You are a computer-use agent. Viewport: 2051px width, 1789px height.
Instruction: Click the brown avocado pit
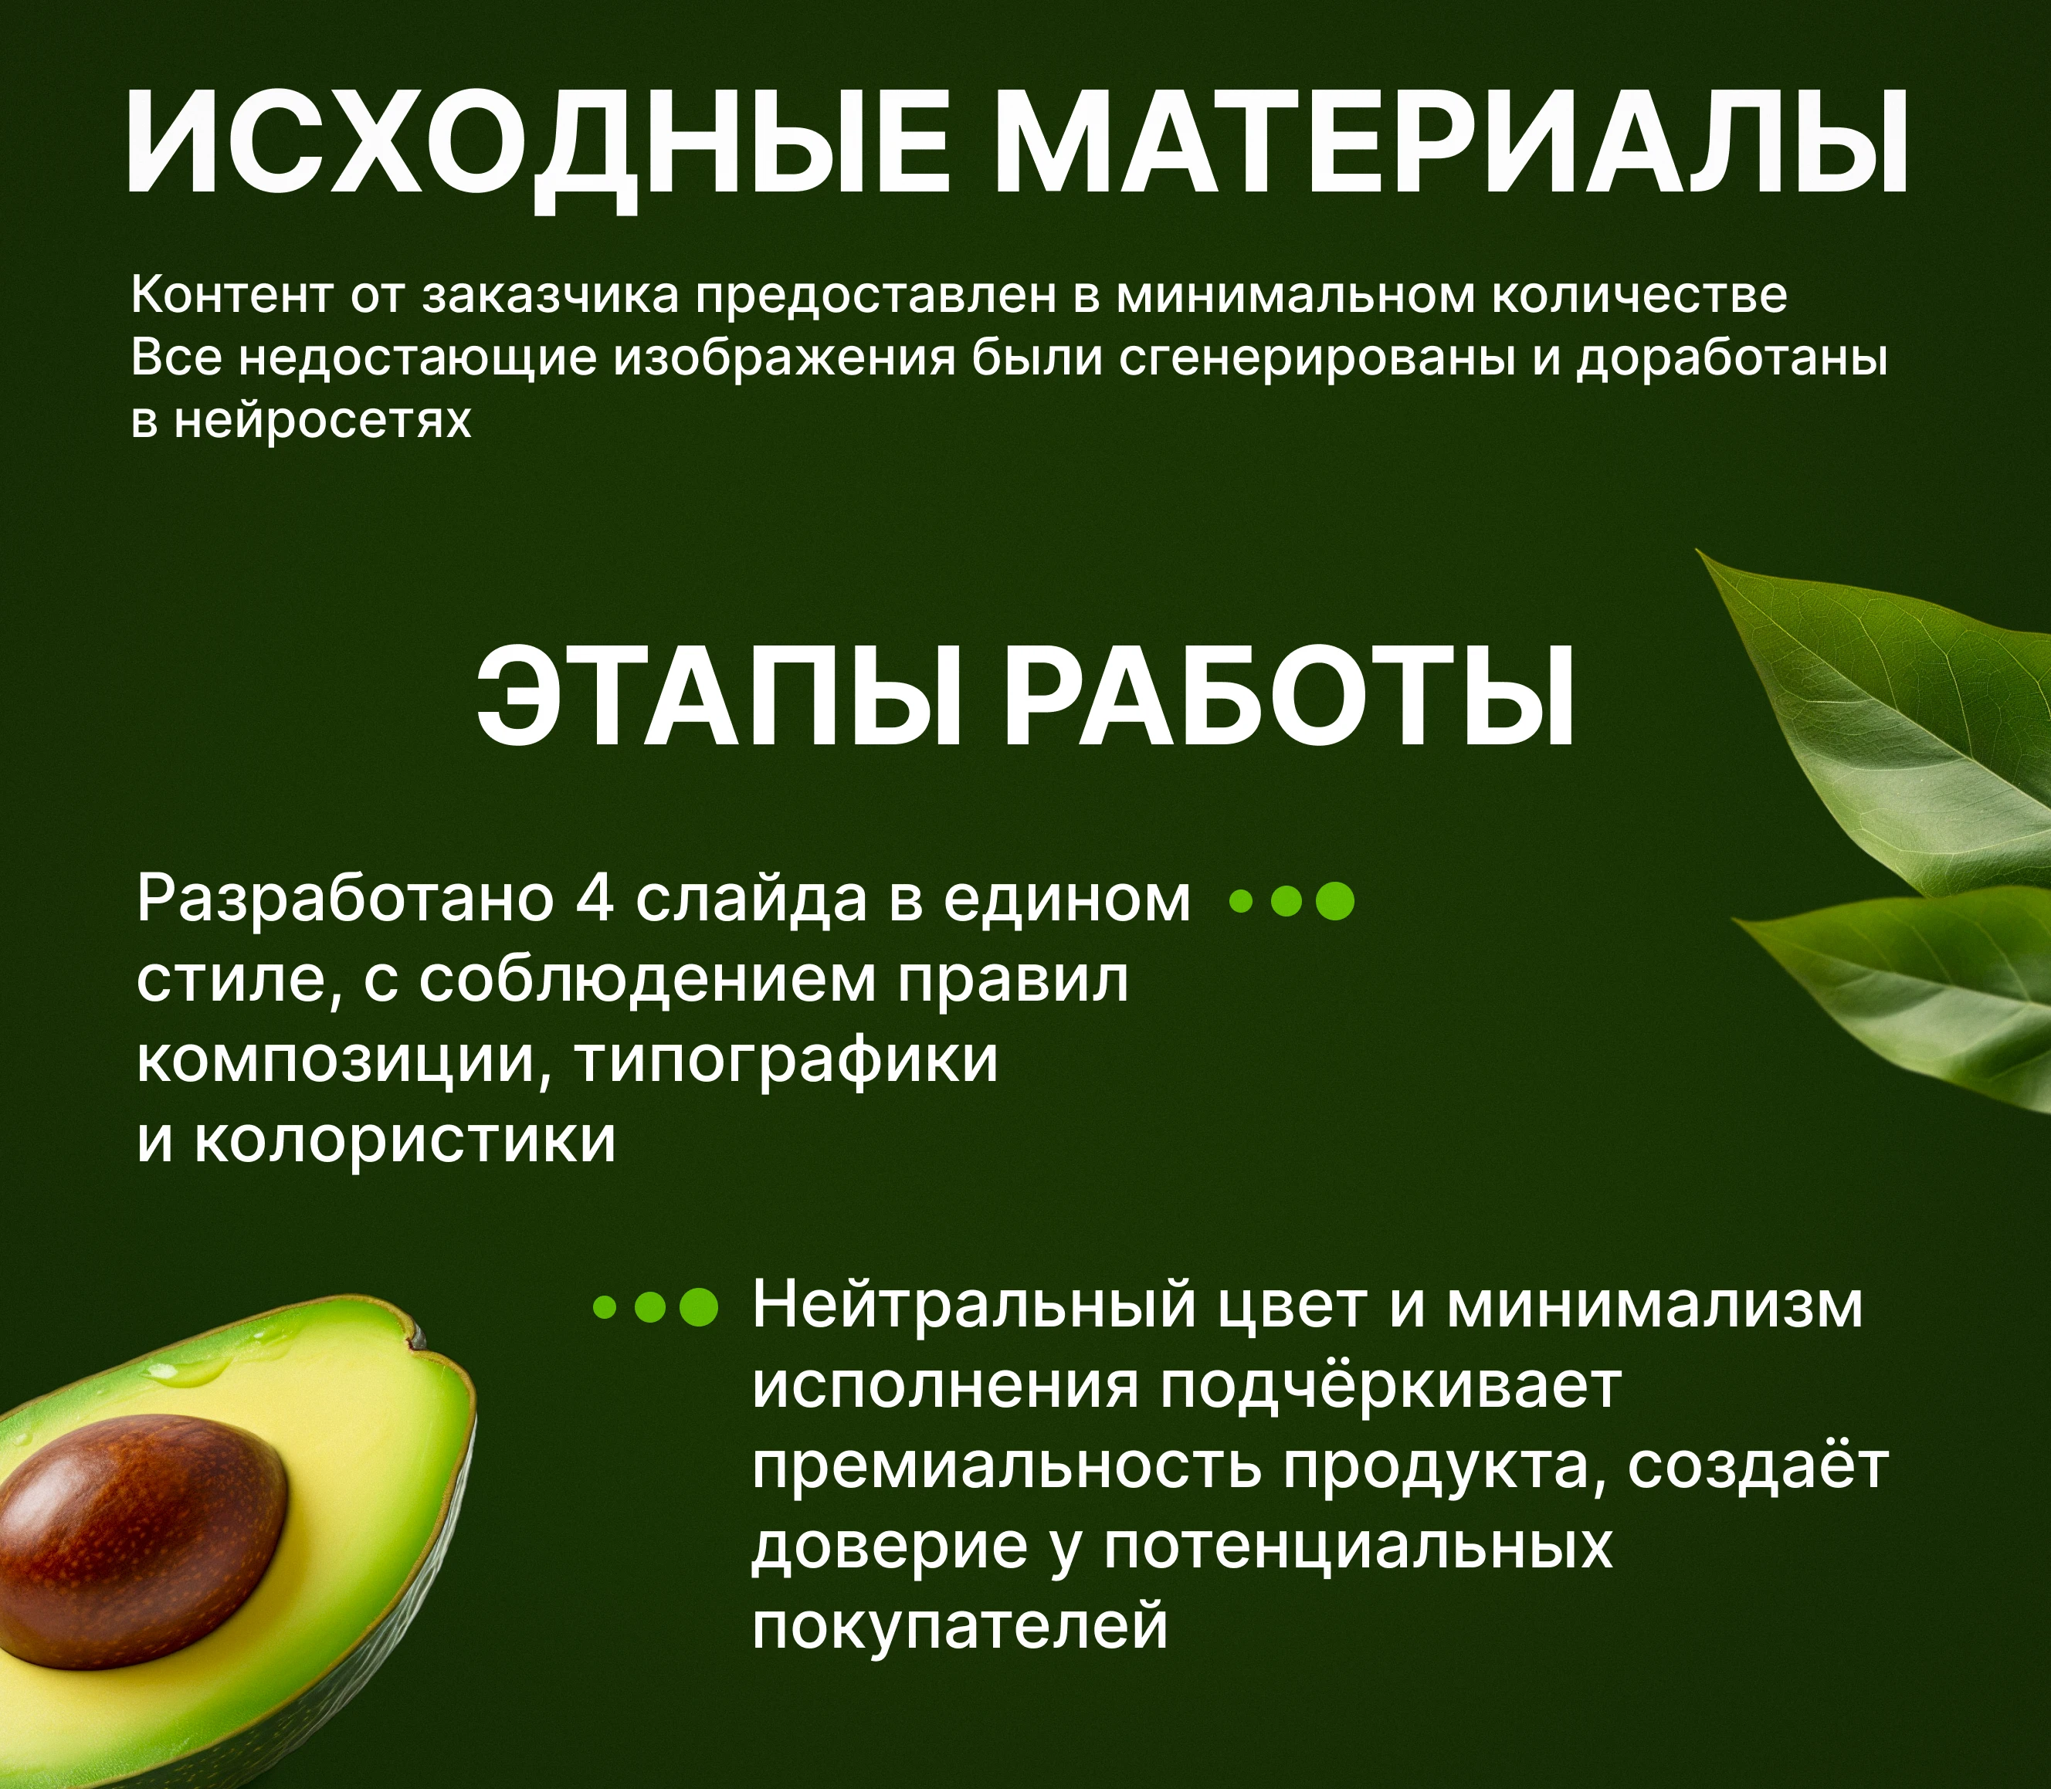click(x=140, y=1537)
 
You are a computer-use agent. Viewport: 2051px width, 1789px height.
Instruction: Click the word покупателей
click(x=958, y=1626)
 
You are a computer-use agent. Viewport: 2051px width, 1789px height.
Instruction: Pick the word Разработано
click(x=344, y=899)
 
